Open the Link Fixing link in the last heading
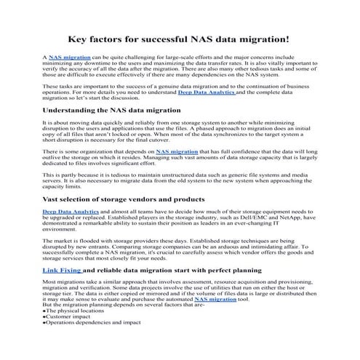pos(62,270)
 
